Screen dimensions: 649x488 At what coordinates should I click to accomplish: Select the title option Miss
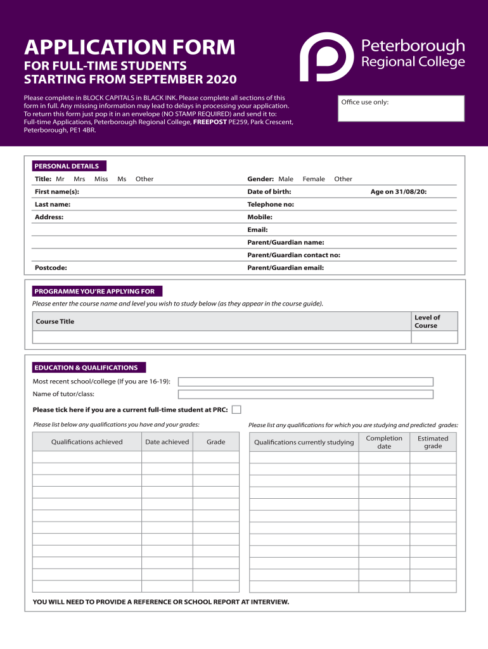[101, 179]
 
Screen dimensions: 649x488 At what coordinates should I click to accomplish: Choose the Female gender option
[314, 179]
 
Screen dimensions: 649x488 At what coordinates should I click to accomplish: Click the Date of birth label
[269, 191]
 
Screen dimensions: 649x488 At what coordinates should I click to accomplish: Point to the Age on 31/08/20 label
[398, 191]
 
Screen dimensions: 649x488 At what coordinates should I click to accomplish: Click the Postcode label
[51, 267]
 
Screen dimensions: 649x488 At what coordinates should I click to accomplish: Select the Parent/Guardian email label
[285, 267]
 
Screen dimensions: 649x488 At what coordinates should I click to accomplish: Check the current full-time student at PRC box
[236, 409]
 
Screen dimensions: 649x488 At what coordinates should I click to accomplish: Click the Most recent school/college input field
[305, 382]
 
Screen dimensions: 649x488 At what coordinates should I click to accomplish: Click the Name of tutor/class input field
[305, 394]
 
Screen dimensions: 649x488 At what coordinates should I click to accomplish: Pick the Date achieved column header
[167, 442]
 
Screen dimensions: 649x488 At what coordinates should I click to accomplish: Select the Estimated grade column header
[433, 442]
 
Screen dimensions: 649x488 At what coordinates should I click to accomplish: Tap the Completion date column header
[384, 442]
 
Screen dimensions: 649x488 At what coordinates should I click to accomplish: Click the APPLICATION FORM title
[129, 47]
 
